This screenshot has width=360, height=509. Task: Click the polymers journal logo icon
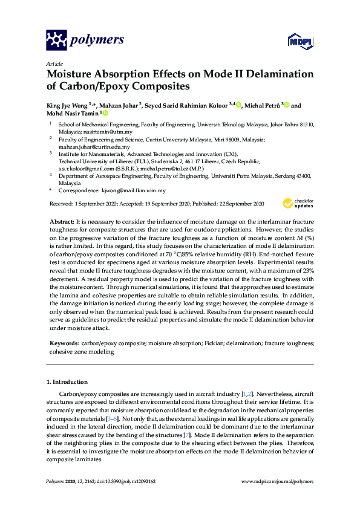(x=56, y=40)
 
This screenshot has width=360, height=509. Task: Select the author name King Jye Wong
(x=67, y=105)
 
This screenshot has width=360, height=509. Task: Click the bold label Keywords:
(x=65, y=343)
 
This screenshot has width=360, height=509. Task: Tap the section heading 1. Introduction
(x=67, y=382)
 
